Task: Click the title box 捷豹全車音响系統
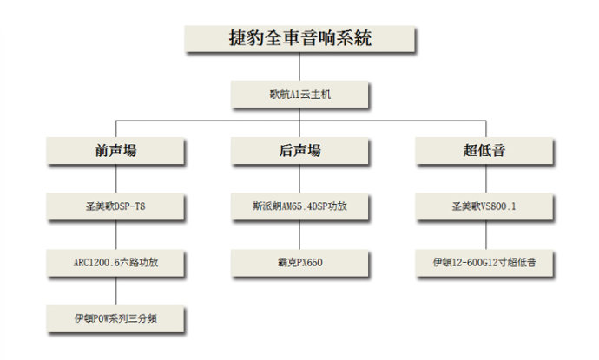(x=299, y=38)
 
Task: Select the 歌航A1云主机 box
(x=299, y=94)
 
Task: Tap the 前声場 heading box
(x=115, y=150)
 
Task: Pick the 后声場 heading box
(x=299, y=150)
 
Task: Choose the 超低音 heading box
(x=484, y=150)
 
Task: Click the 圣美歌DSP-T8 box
(x=115, y=206)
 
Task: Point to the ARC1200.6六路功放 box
(x=115, y=263)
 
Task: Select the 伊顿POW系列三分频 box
(x=115, y=318)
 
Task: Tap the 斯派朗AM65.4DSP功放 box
(x=299, y=206)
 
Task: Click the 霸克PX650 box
(x=299, y=263)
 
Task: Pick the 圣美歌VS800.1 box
(x=484, y=206)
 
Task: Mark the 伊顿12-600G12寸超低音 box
(x=484, y=263)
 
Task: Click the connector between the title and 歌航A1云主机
(x=299, y=67)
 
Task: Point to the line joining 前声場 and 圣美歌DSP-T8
(x=116, y=179)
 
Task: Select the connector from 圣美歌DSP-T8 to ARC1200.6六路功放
(x=116, y=235)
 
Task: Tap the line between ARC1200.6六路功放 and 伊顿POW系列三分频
(x=116, y=291)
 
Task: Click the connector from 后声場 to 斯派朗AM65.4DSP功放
(x=299, y=179)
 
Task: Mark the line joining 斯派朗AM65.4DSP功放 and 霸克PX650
(x=299, y=235)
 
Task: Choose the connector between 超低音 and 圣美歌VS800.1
(x=486, y=179)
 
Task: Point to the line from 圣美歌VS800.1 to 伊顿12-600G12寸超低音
(x=486, y=235)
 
